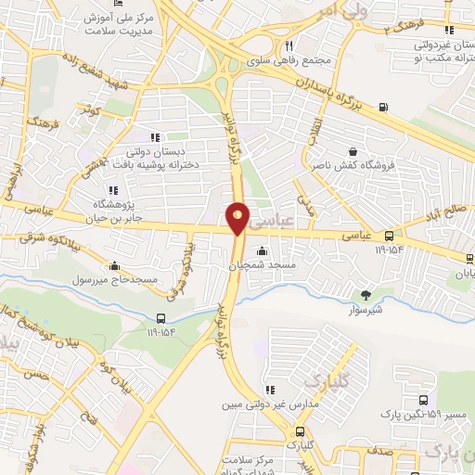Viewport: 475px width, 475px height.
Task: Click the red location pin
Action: [x=238, y=218]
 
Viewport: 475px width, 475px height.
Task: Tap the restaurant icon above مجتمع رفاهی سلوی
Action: [x=289, y=45]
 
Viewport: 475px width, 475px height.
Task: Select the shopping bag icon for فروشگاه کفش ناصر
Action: [x=353, y=152]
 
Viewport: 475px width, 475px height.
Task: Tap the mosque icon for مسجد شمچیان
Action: [x=263, y=250]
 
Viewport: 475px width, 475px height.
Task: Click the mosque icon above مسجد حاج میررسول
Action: [x=113, y=264]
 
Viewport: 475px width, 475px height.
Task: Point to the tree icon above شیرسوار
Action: [x=367, y=295]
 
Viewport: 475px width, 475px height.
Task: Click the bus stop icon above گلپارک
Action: [x=300, y=431]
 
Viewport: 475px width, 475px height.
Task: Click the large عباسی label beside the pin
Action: [x=276, y=220]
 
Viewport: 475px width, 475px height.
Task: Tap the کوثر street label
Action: [x=90, y=110]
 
